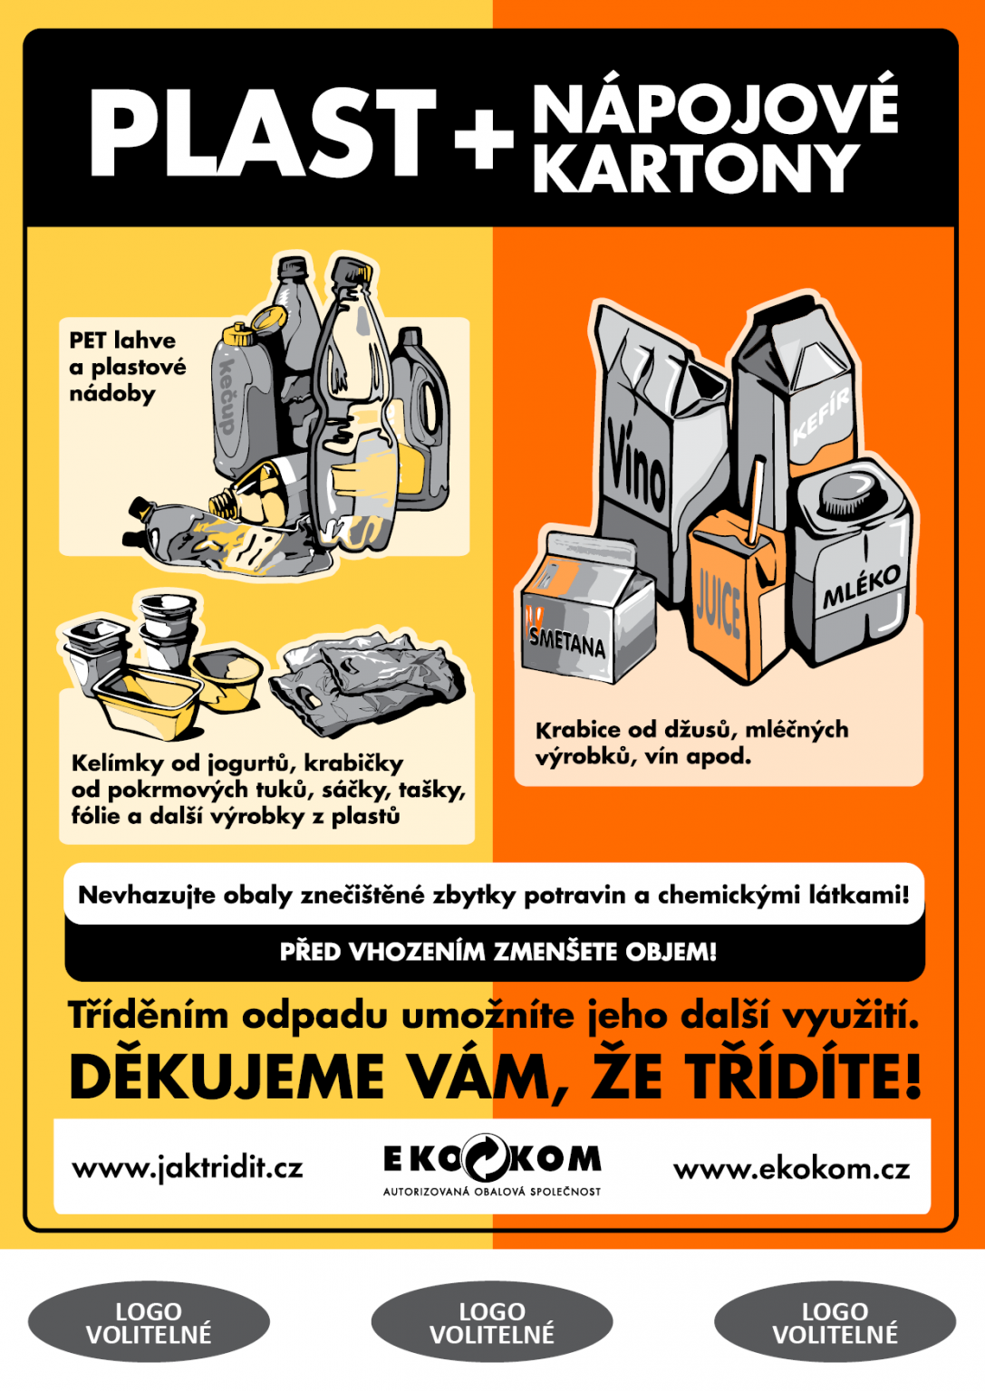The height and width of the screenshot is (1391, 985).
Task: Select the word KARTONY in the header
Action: point(695,168)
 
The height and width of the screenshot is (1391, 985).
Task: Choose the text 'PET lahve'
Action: point(122,341)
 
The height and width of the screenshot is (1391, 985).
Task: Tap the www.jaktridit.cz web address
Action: point(188,1168)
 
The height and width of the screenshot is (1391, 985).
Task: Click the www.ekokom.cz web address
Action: point(791,1169)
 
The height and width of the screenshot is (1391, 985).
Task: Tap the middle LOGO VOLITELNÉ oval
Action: point(492,1323)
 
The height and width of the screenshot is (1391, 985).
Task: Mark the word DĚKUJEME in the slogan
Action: point(227,1078)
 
